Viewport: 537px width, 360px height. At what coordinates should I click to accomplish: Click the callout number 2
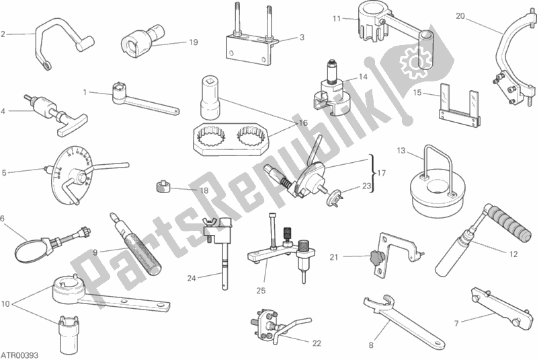point(3,33)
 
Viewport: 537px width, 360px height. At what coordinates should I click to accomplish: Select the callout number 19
point(194,42)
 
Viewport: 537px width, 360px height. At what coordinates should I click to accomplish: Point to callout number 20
point(460,15)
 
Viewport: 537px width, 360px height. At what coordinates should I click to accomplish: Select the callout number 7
point(456,323)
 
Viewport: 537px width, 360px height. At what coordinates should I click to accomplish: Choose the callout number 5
point(4,172)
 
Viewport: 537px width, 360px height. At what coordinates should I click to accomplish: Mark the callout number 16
point(303,123)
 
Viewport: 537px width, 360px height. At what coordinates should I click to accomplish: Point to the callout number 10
point(6,304)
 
